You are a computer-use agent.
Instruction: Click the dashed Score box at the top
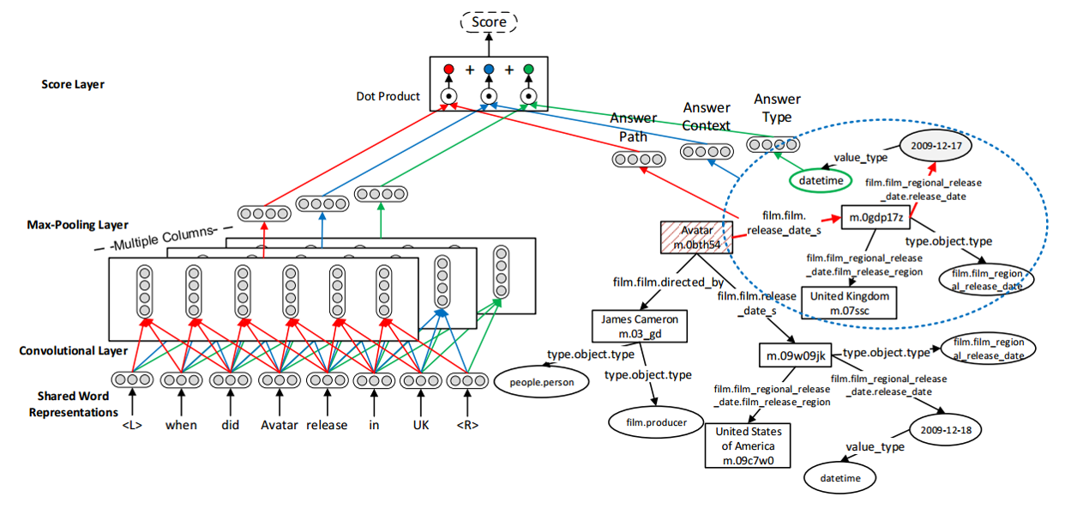tap(489, 21)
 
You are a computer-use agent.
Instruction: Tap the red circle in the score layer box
tap(448, 69)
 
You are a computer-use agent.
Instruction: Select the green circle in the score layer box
tap(529, 69)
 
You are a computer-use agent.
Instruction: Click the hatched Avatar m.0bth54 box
tap(695, 238)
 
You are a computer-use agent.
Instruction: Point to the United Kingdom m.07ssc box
tap(849, 302)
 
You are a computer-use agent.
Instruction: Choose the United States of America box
tap(744, 446)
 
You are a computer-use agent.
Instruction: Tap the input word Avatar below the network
tap(279, 425)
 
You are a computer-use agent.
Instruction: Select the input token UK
tap(421, 425)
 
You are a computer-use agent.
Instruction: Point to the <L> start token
tap(132, 425)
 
